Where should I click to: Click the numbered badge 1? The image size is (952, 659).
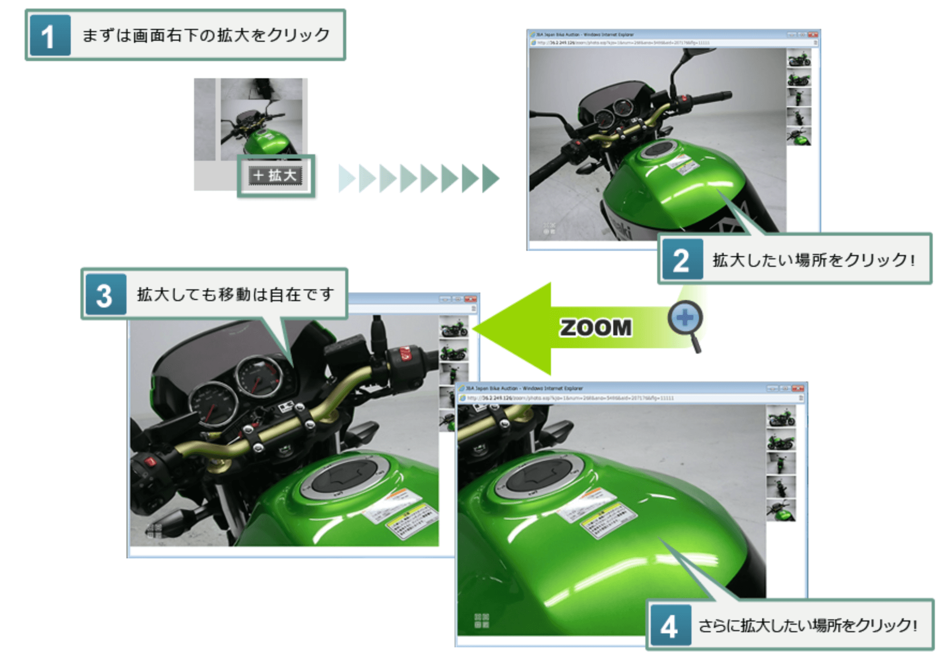point(50,36)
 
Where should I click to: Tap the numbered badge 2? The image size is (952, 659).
point(682,260)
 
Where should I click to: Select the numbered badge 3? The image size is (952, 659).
point(105,295)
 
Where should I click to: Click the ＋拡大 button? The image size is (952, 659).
point(276,175)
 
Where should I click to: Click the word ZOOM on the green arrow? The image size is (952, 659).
point(596,328)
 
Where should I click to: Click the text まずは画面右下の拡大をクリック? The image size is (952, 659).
point(206,35)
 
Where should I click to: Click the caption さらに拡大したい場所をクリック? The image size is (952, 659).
point(807,626)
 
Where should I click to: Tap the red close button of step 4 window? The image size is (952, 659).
point(798,388)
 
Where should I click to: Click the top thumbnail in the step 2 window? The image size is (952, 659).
point(799,58)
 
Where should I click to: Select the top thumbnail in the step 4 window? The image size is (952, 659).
point(781,417)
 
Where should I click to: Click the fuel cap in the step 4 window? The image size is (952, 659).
point(540,475)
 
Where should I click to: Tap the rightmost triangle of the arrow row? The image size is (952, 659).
point(490,178)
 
